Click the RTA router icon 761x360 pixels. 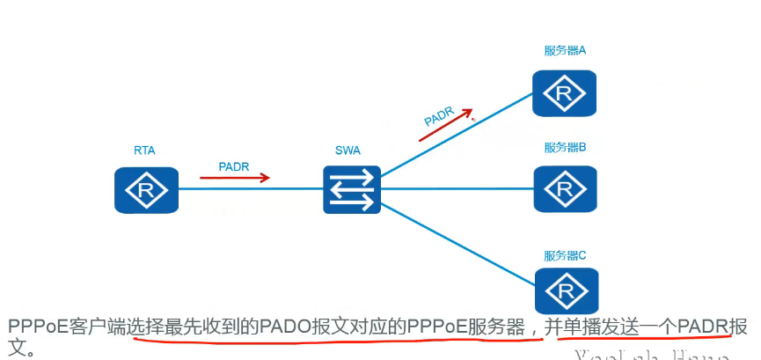click(146, 189)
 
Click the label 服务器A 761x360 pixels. click(565, 51)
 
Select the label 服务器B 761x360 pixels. click(565, 147)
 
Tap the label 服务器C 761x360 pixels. click(565, 255)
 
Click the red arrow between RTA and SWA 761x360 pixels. click(234, 179)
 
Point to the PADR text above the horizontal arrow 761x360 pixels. click(235, 165)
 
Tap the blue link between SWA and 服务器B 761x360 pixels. click(457, 187)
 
